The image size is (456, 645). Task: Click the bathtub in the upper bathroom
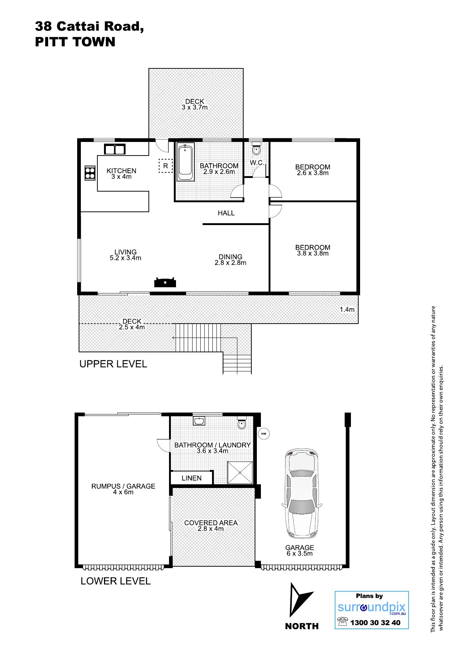[x=186, y=163]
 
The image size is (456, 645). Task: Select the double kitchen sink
[x=115, y=149]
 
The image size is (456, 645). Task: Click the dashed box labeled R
[x=165, y=165]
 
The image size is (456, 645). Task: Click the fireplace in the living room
[x=165, y=282]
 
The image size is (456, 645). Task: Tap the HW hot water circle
[x=263, y=434]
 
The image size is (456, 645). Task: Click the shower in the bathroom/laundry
[x=240, y=473]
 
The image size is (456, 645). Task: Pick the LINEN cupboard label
[x=191, y=478]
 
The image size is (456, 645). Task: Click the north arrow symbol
[x=300, y=599]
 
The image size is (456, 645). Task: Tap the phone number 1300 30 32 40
[x=375, y=623]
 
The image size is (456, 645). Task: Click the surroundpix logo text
[x=371, y=607]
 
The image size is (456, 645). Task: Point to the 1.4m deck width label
[x=347, y=310]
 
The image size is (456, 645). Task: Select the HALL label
[x=226, y=213]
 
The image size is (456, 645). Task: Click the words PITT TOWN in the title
[x=75, y=42]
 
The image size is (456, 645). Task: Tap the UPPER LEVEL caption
[x=113, y=364]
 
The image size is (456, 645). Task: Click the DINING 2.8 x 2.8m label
[x=230, y=260]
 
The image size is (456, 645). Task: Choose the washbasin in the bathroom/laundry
[x=199, y=421]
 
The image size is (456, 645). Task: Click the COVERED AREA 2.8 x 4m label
[x=211, y=526]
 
